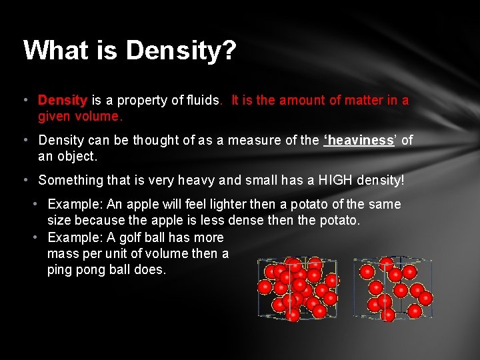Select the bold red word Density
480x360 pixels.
(63, 101)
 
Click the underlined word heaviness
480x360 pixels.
(359, 141)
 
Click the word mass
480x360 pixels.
(64, 253)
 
